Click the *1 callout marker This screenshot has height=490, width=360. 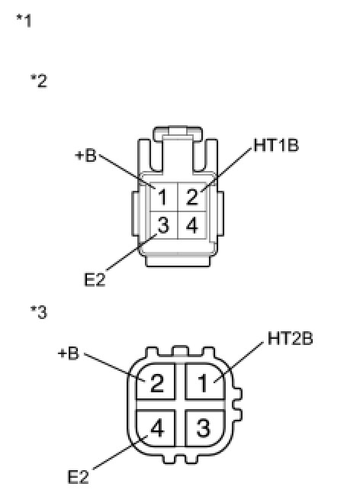point(24,21)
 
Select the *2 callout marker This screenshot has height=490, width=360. point(39,81)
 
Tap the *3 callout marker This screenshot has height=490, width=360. point(39,312)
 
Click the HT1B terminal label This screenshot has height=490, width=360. point(276,145)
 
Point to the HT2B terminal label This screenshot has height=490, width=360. point(290,338)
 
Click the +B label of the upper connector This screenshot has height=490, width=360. point(86,155)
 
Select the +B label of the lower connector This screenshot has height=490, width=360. point(69,353)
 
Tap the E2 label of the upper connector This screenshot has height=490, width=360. point(95,279)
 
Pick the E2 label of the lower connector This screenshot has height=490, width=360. point(78,477)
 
